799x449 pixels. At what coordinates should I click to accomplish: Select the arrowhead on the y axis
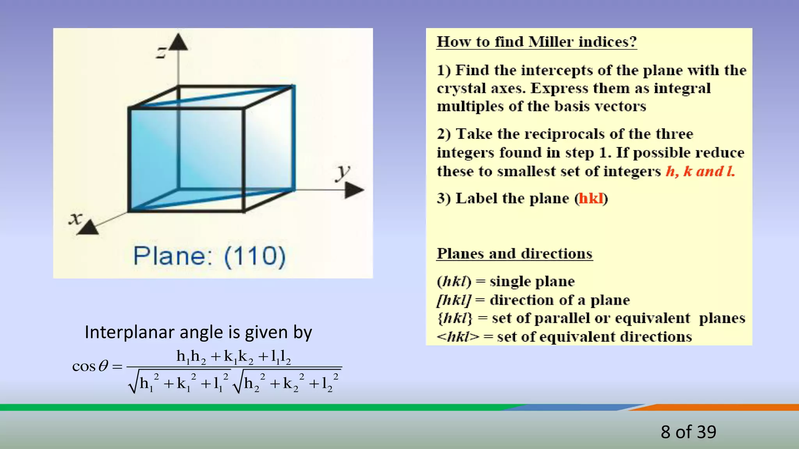coord(354,190)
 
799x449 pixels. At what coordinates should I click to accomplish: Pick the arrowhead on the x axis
coord(88,228)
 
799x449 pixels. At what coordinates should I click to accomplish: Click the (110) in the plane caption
coord(255,256)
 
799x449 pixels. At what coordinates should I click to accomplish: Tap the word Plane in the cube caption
coord(170,256)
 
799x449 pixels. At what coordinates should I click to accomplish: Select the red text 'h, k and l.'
coord(700,171)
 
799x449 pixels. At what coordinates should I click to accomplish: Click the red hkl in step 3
coord(591,198)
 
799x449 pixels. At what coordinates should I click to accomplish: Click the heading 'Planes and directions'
coord(515,254)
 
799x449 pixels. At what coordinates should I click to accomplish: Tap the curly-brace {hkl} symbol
coord(455,318)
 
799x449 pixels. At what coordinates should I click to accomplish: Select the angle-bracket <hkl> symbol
coord(458,337)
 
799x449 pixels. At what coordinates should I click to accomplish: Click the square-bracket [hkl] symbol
coord(454,300)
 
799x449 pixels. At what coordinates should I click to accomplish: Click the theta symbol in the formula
coord(103,366)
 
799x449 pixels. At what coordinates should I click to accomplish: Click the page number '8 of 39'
coord(688,432)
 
